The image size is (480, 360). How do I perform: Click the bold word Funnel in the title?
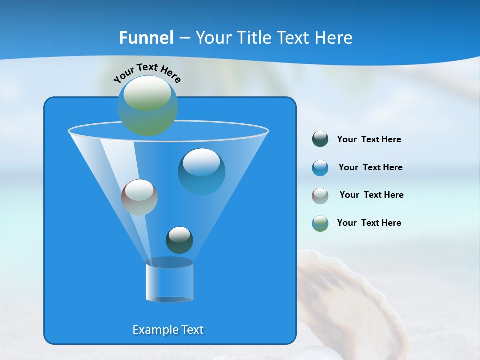tap(146, 38)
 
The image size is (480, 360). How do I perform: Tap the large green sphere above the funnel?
tap(147, 105)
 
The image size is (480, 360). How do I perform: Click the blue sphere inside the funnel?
tap(201, 171)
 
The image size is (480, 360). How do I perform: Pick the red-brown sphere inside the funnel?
tap(139, 197)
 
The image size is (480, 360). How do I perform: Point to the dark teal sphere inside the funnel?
tap(179, 240)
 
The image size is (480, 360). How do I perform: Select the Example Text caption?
tap(168, 330)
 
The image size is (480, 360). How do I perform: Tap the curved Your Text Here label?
tap(147, 73)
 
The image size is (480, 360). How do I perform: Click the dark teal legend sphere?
tap(320, 139)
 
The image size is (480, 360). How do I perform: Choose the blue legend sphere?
tap(320, 168)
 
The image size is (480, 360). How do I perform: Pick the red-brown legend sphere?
tap(320, 195)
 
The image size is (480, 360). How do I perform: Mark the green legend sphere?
tap(320, 223)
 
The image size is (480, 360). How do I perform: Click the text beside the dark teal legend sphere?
tap(369, 140)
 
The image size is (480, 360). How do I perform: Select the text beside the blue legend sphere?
tap(370, 168)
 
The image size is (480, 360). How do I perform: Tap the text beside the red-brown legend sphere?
tap(371, 195)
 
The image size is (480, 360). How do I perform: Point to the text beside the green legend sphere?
tap(369, 223)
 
